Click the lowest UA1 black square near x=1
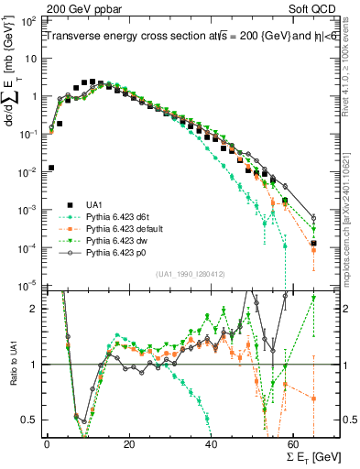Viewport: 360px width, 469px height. pos(50,168)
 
